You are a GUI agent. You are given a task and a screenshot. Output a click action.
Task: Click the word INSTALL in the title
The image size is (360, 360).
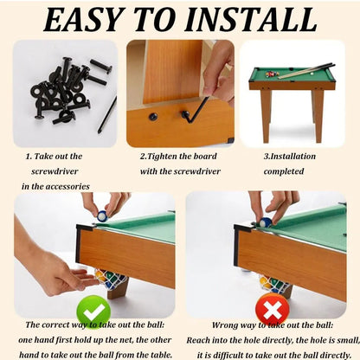pyautogui.click(x=251, y=20)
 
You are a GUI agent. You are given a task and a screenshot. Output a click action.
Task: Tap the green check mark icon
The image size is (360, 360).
pyautogui.click(x=93, y=312)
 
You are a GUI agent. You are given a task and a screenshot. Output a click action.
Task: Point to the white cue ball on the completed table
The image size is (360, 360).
pyautogui.click(x=312, y=74)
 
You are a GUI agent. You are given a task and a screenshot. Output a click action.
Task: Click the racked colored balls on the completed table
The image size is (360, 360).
pyautogui.click(x=273, y=74)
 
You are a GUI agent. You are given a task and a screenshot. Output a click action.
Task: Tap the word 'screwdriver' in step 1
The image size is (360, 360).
pyautogui.click(x=55, y=171)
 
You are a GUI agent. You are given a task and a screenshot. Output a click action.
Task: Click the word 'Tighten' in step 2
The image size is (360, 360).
pyautogui.click(x=163, y=157)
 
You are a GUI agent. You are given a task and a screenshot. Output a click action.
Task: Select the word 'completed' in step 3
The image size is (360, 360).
pyautogui.click(x=284, y=171)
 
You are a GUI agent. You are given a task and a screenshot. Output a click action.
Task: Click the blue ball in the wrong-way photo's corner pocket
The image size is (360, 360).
pyautogui.click(x=266, y=222)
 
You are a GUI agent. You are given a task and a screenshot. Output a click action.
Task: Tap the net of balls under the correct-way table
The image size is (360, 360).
pyautogui.click(x=110, y=279)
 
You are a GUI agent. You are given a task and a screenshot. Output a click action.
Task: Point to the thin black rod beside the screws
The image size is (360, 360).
pyautogui.click(x=107, y=114)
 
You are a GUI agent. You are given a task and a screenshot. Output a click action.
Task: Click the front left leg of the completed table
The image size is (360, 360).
pyautogui.click(x=266, y=116)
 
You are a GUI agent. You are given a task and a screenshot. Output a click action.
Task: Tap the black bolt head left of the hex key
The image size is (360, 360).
pyautogui.click(x=153, y=117)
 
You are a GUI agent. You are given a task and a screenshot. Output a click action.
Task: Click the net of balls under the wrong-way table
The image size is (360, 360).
pyautogui.click(x=274, y=284)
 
